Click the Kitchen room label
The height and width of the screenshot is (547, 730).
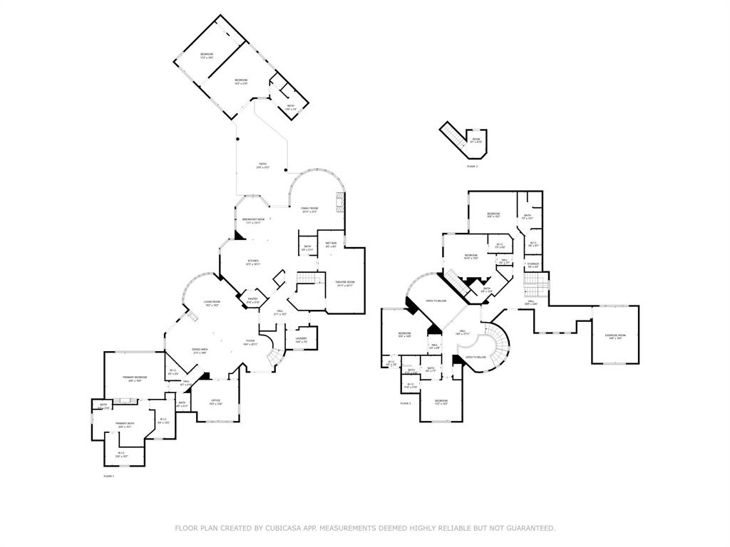point(253,261)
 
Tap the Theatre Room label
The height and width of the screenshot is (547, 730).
point(345,283)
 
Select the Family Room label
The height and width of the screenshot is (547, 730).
point(309,209)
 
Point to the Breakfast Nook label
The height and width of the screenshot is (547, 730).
point(254,220)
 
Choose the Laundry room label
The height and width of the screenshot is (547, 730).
point(302,339)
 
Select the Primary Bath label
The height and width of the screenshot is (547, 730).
point(125,424)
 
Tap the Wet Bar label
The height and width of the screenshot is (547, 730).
point(331,244)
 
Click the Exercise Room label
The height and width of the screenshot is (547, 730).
point(615,336)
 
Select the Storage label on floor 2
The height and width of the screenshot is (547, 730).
point(533,265)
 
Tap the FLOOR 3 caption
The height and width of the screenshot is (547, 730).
point(472,166)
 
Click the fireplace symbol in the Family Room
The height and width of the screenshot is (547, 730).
point(341,203)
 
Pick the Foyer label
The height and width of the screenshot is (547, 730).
point(251,341)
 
